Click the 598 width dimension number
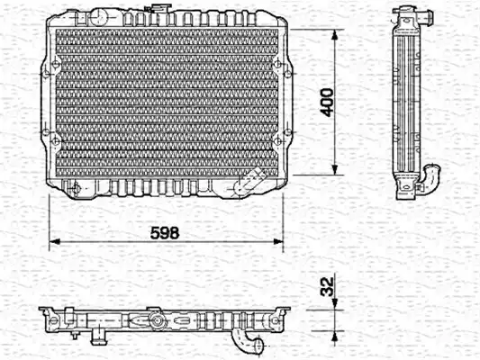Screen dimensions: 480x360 pyautogui.click(x=165, y=233)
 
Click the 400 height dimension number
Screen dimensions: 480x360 pyautogui.click(x=327, y=103)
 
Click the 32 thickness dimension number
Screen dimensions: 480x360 pyautogui.click(x=327, y=286)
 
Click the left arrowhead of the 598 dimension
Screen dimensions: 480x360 pyautogui.click(x=55, y=241)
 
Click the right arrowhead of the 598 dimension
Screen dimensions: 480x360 pyautogui.click(x=278, y=241)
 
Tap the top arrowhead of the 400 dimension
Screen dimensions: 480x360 pyautogui.click(x=335, y=35)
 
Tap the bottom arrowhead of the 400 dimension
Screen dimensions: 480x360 pyautogui.click(x=335, y=170)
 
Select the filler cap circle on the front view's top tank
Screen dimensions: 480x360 pyautogui.click(x=98, y=15)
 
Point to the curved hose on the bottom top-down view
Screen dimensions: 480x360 pyautogui.click(x=247, y=340)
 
